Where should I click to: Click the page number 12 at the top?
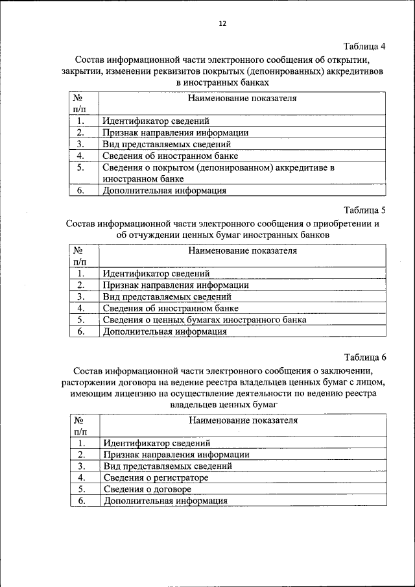222,24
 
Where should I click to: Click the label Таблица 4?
364,46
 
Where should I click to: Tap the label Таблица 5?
364,210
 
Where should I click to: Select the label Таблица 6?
364,357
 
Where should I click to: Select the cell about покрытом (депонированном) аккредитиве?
219,173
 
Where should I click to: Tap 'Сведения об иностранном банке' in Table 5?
171,308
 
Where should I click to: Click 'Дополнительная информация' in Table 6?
165,501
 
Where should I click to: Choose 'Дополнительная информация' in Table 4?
164,191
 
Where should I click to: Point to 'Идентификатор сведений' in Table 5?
156,274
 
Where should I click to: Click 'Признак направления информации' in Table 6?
176,455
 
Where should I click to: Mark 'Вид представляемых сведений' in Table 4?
167,145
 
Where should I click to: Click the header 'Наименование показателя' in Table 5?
243,250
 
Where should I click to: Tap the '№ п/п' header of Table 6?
81,425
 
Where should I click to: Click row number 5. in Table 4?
81,167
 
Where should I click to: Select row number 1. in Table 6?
82,443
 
